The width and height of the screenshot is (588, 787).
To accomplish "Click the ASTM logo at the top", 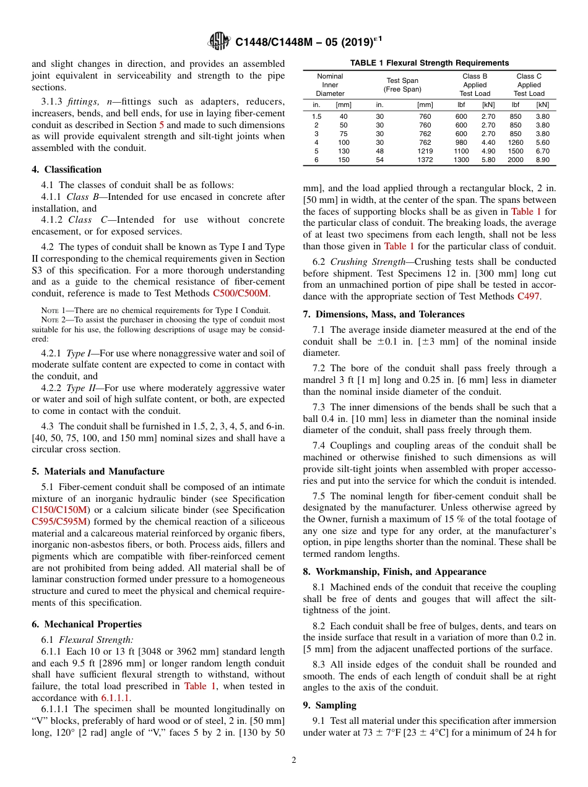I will (x=218, y=41).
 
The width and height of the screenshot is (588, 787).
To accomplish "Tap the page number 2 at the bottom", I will (x=294, y=760).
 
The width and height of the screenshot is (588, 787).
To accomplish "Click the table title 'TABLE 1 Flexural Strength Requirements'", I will (x=429, y=62).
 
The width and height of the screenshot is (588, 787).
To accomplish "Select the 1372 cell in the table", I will (x=425, y=160).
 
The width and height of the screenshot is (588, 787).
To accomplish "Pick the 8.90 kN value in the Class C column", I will (x=542, y=160).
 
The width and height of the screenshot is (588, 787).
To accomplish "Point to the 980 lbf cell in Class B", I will (x=461, y=142).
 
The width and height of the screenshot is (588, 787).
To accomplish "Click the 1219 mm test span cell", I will (x=425, y=151).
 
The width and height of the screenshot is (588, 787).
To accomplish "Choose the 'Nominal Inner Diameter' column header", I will (x=330, y=85).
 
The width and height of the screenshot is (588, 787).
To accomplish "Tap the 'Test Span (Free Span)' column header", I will (x=403, y=85).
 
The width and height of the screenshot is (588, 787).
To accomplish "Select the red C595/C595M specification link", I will (x=60, y=522).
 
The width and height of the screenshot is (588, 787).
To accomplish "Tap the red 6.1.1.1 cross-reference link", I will (x=116, y=698).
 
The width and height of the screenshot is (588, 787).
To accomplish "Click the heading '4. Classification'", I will (x=66, y=170).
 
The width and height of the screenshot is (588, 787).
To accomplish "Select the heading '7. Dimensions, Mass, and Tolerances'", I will (x=384, y=314).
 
